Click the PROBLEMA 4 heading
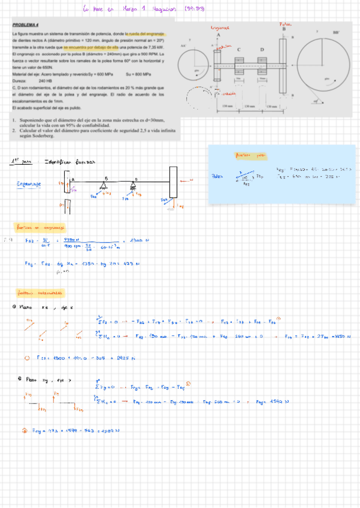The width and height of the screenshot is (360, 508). coord(25,25)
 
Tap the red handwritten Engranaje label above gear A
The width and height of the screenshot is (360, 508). coord(220,28)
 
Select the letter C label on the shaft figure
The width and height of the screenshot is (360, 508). coord(239,49)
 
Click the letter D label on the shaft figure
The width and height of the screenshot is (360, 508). coord(262,49)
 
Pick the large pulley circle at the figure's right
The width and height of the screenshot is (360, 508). coord(322,67)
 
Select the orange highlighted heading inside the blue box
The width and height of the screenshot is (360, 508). coord(250,155)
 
